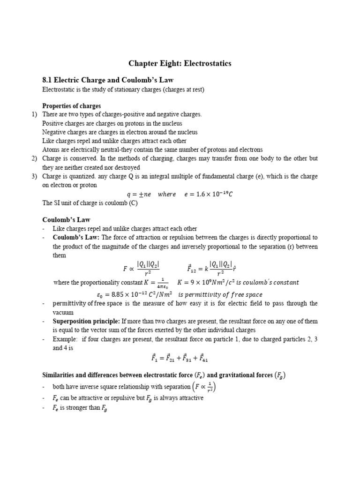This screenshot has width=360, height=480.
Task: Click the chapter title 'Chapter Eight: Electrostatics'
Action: tap(180, 63)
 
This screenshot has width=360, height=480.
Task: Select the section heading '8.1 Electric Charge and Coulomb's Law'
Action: tap(108, 80)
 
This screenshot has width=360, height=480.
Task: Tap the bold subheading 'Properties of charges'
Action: tap(71, 106)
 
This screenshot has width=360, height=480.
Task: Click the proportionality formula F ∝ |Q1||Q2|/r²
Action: tap(141, 269)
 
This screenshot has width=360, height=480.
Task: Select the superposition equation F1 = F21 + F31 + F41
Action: tap(180, 359)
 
